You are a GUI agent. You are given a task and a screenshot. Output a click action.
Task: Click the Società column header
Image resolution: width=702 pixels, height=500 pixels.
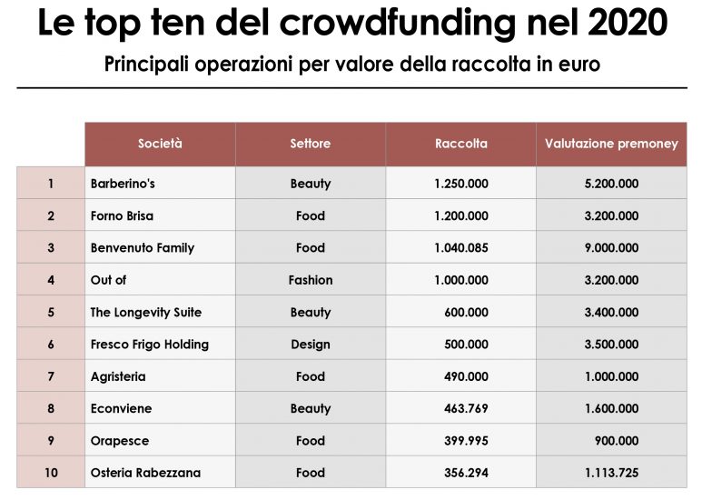click(x=160, y=144)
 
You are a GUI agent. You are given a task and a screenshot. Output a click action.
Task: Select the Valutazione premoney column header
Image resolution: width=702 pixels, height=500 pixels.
click(x=611, y=144)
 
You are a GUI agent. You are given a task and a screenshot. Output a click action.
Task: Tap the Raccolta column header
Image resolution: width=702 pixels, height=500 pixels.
click(x=461, y=144)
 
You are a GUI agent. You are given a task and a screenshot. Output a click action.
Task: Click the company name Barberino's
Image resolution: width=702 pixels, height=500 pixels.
click(x=123, y=184)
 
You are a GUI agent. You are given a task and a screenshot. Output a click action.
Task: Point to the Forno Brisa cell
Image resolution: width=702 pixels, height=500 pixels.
click(x=122, y=216)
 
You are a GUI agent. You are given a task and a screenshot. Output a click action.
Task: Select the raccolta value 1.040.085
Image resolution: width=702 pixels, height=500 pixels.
click(x=461, y=248)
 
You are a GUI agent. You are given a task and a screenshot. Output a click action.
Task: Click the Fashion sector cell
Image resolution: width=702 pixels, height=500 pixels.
click(x=311, y=280)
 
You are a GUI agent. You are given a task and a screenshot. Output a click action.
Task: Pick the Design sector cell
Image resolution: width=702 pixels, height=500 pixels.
click(x=311, y=345)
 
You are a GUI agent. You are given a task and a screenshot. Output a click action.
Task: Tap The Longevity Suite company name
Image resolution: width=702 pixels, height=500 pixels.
click(x=146, y=313)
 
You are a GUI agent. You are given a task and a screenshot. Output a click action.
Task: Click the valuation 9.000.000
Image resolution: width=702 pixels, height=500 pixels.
click(x=611, y=248)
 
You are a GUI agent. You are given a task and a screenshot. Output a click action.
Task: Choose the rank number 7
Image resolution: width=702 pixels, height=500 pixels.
click(x=51, y=376)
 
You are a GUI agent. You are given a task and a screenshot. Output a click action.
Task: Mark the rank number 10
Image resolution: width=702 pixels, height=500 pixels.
click(x=51, y=473)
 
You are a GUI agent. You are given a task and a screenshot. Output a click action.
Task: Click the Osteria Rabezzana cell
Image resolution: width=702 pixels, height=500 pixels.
click(x=145, y=473)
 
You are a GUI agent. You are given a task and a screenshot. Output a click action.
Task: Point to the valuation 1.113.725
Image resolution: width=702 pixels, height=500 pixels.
click(x=611, y=473)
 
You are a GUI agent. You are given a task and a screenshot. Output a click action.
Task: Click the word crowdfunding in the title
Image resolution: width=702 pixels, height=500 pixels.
click(x=390, y=25)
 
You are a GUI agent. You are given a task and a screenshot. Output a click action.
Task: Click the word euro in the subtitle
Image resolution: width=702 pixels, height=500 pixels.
click(x=580, y=65)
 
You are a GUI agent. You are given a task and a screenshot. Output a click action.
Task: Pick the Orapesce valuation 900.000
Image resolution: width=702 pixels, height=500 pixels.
click(x=618, y=441)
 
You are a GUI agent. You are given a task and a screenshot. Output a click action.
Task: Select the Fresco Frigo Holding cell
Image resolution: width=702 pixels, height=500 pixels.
click(x=150, y=345)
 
